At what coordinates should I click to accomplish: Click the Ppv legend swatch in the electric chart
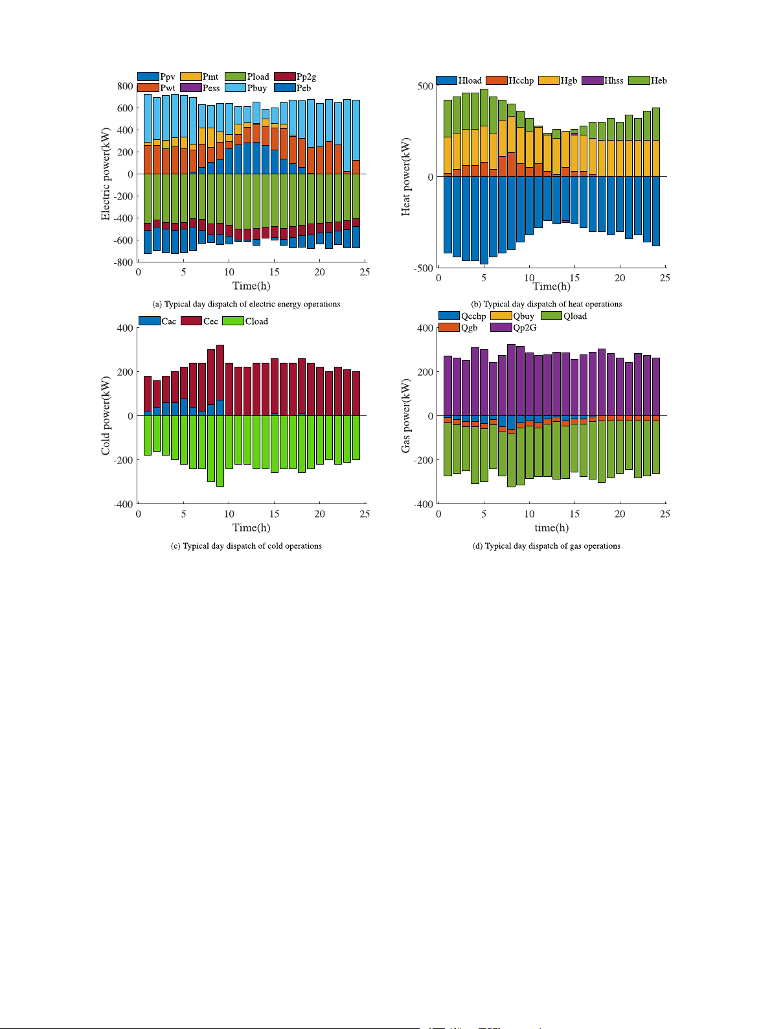tap(148, 76)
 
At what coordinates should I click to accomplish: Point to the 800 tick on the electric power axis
tap(126, 86)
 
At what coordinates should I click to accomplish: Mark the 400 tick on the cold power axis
tap(126, 328)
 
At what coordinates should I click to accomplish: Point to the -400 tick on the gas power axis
tap(424, 503)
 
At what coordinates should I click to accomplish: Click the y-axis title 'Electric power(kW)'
tap(106, 174)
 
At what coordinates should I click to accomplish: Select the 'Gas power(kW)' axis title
tap(406, 415)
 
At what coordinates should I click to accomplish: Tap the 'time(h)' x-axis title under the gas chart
tap(551, 527)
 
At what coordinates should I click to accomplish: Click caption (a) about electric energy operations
tap(246, 304)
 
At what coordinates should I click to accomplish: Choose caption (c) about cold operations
tap(246, 546)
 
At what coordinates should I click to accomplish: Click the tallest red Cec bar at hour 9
tap(220, 373)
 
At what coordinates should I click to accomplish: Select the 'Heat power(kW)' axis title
tap(406, 176)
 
